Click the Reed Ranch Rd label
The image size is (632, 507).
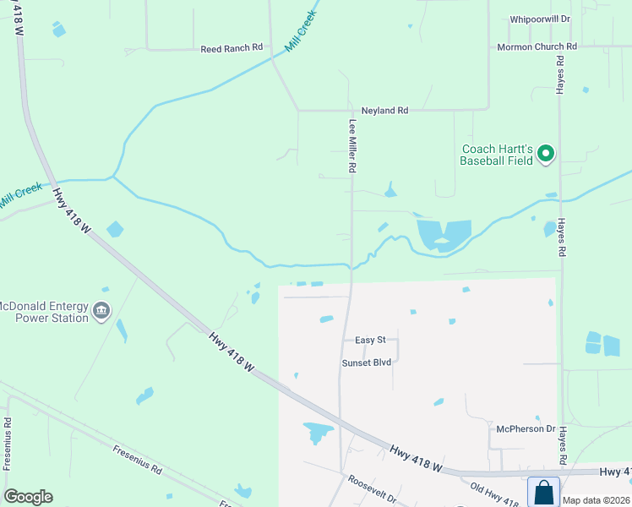pyautogui.click(x=232, y=49)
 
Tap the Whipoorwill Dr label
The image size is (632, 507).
pyautogui.click(x=541, y=19)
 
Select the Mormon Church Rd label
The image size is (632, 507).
pyautogui.click(x=537, y=47)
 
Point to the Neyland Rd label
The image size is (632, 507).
pyautogui.click(x=384, y=111)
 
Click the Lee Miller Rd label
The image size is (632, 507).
pyautogui.click(x=352, y=146)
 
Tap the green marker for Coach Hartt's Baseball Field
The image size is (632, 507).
pyautogui.click(x=546, y=154)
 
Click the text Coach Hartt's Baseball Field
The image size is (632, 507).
pyautogui.click(x=497, y=155)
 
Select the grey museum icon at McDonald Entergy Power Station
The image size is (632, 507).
pyautogui.click(x=101, y=312)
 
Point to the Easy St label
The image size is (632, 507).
pyautogui.click(x=370, y=340)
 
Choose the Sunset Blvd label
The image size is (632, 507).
pyautogui.click(x=366, y=363)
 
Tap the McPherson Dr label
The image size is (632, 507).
pyautogui.click(x=526, y=429)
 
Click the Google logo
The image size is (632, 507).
pyautogui.click(x=28, y=497)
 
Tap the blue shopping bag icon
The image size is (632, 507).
pyautogui.click(x=543, y=491)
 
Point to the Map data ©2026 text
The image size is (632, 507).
pyautogui.click(x=597, y=500)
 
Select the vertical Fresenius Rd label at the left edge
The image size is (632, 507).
pyautogui.click(x=7, y=444)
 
